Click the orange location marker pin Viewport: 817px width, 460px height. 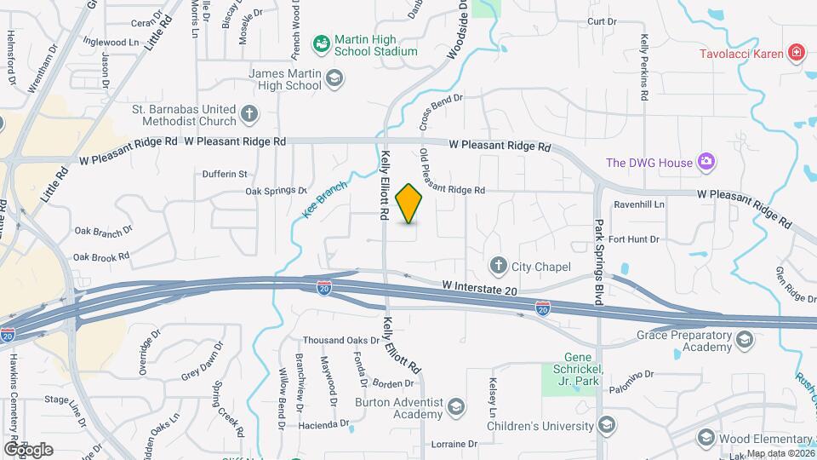click(x=409, y=204)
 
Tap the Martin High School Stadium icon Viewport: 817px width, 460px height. click(x=321, y=43)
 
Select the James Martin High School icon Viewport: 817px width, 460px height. click(x=334, y=79)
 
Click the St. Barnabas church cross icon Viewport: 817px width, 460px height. click(x=249, y=114)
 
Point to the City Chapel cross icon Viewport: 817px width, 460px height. click(x=498, y=267)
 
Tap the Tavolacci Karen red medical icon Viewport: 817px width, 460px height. click(x=797, y=53)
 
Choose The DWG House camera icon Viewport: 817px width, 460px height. click(x=705, y=162)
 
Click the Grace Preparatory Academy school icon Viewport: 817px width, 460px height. click(x=745, y=342)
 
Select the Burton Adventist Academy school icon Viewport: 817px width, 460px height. click(x=455, y=406)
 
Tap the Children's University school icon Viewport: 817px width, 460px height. click(x=607, y=425)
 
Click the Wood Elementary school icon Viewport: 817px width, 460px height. click(x=706, y=438)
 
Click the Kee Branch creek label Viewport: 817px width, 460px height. click(x=325, y=201)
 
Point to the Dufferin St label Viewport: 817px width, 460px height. click(x=225, y=174)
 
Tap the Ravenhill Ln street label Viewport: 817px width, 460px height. click(x=639, y=204)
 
